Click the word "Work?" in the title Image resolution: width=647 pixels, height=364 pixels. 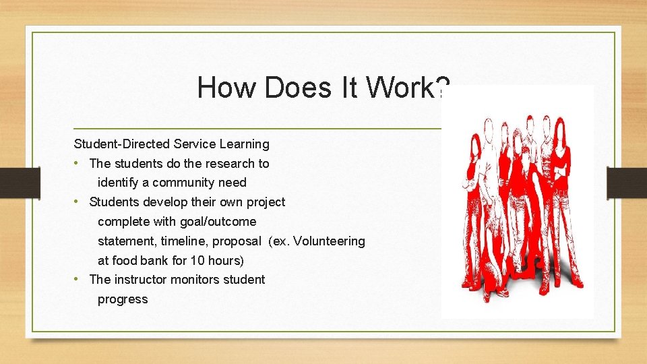tap(408, 88)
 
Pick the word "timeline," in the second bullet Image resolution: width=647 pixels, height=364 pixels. tap(183, 241)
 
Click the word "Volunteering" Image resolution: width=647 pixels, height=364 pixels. tap(330, 241)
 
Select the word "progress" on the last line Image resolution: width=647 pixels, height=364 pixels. tap(122, 299)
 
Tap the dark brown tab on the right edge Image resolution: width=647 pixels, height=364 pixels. tap(626, 182)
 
